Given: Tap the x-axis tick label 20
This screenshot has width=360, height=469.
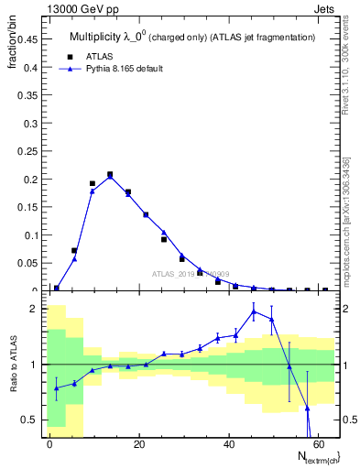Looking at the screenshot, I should click(138, 444).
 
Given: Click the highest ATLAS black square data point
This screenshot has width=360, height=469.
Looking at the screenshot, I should click(110, 174).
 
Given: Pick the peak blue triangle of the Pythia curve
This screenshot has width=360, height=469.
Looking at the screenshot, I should click(110, 177).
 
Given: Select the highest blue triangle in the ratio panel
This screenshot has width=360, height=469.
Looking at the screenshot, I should click(254, 311).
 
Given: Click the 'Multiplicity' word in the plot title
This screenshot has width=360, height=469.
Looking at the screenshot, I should click(95, 37).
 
